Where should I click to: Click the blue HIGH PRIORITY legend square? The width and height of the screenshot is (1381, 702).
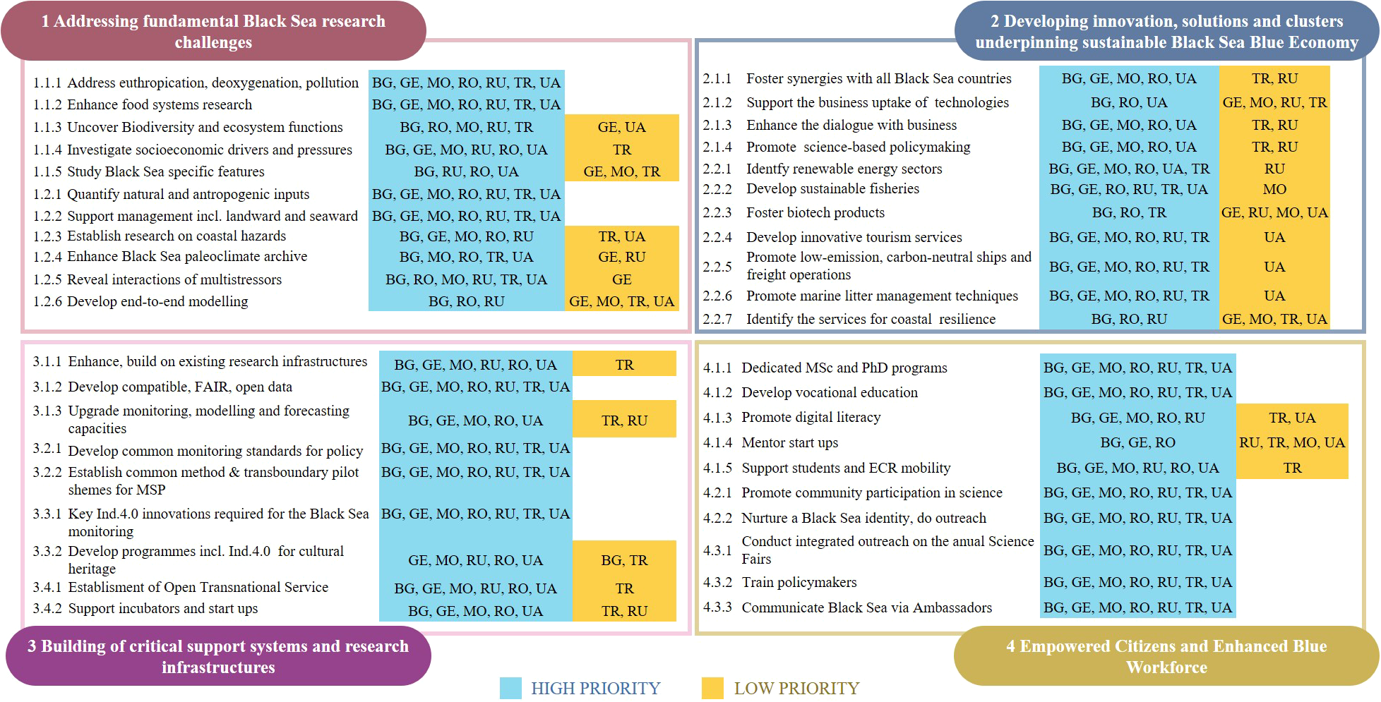click(x=510, y=688)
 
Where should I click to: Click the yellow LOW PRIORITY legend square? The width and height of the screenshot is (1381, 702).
click(x=712, y=688)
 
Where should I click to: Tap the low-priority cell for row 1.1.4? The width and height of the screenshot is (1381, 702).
click(x=621, y=150)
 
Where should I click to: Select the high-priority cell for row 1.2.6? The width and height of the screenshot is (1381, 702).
click(x=466, y=301)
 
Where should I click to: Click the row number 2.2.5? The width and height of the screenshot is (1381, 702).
click(x=717, y=267)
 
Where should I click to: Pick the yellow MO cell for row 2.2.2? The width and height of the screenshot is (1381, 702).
click(x=1274, y=189)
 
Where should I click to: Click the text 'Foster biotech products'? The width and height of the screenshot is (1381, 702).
click(x=815, y=212)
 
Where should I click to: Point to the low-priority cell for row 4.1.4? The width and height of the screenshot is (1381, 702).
click(x=1291, y=442)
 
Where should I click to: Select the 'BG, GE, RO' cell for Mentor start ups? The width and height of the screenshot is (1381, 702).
click(x=1137, y=442)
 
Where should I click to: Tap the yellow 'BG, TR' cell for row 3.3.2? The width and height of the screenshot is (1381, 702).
click(x=624, y=560)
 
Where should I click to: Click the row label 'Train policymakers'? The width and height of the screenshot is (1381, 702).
click(x=799, y=582)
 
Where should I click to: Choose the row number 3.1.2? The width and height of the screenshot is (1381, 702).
click(x=47, y=387)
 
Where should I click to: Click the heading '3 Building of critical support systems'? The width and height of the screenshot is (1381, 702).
click(x=218, y=656)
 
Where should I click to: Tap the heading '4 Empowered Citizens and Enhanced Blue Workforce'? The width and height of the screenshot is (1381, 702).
click(x=1166, y=656)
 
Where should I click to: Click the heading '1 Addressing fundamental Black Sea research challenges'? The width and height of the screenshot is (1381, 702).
click(x=213, y=32)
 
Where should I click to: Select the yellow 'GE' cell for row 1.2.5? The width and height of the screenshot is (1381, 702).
click(x=621, y=279)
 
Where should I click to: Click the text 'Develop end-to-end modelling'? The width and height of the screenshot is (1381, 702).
click(x=157, y=301)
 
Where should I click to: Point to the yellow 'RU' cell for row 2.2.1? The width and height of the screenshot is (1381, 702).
click(x=1274, y=169)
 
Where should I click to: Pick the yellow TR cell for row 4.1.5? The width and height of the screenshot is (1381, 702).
click(x=1292, y=468)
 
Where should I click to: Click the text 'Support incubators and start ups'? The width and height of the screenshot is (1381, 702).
click(x=162, y=608)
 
